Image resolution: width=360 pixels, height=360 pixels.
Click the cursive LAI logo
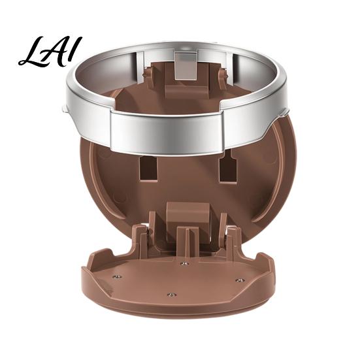(50, 52)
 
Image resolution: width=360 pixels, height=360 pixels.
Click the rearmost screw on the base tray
(184, 264)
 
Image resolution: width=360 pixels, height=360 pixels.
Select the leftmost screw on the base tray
(118, 276)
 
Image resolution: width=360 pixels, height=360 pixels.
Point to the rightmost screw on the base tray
(240, 280)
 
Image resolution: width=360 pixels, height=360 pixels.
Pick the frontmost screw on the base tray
(171, 295)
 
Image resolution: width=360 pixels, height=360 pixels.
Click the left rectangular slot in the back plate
(148, 168)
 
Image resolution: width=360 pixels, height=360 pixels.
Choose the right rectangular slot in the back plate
(228, 168)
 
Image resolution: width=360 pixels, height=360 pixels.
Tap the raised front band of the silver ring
(167, 131)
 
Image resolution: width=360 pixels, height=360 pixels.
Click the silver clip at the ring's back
(186, 66)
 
